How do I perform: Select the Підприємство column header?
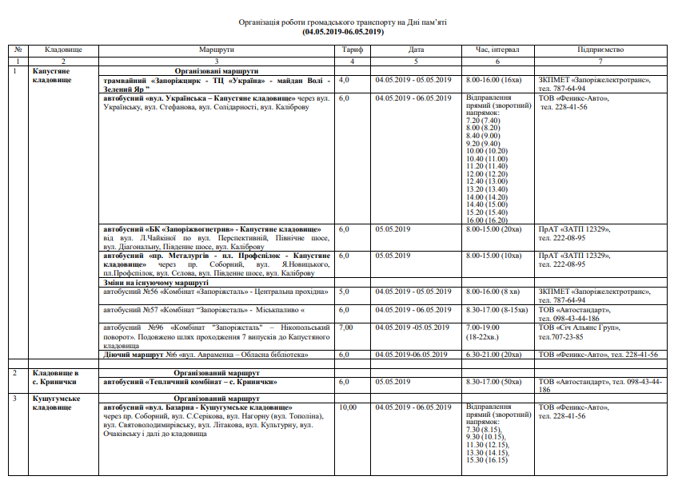tap(600, 50)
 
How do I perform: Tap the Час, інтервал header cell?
tap(497, 50)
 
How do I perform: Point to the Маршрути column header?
tap(217, 50)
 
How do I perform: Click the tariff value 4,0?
tap(345, 80)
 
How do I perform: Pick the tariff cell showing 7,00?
tap(346, 327)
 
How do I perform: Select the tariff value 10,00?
tap(348, 407)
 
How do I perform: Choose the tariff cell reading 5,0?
tap(345, 292)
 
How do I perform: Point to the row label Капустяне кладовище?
tap(53, 76)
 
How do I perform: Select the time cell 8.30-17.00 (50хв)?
tap(497, 382)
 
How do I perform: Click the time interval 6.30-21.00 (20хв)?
tap(497, 354)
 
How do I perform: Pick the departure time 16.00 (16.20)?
tap(485, 220)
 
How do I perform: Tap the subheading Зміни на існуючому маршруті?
tap(157, 283)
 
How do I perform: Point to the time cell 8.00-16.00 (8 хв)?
tap(494, 292)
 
